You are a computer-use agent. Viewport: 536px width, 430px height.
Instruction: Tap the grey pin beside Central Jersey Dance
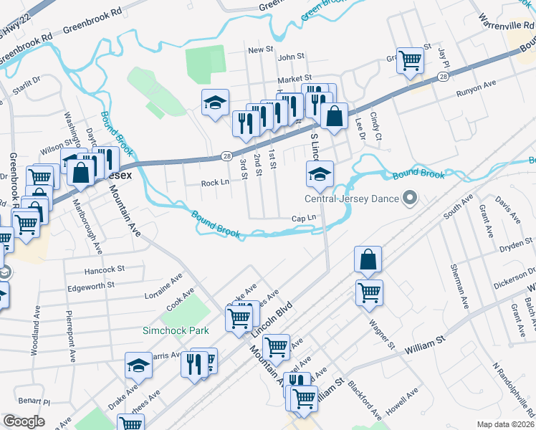point(410,197)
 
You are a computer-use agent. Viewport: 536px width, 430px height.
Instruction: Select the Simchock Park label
point(176,330)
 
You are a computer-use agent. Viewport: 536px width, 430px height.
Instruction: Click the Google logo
point(24,421)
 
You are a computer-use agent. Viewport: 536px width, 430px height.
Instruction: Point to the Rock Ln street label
point(215,183)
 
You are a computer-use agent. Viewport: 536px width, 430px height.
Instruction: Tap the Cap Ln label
point(304,219)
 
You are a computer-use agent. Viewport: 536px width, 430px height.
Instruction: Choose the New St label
point(261,50)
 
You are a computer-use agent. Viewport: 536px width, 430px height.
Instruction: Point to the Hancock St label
point(104,270)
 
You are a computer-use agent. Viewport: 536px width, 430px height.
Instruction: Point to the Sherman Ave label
point(459,287)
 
